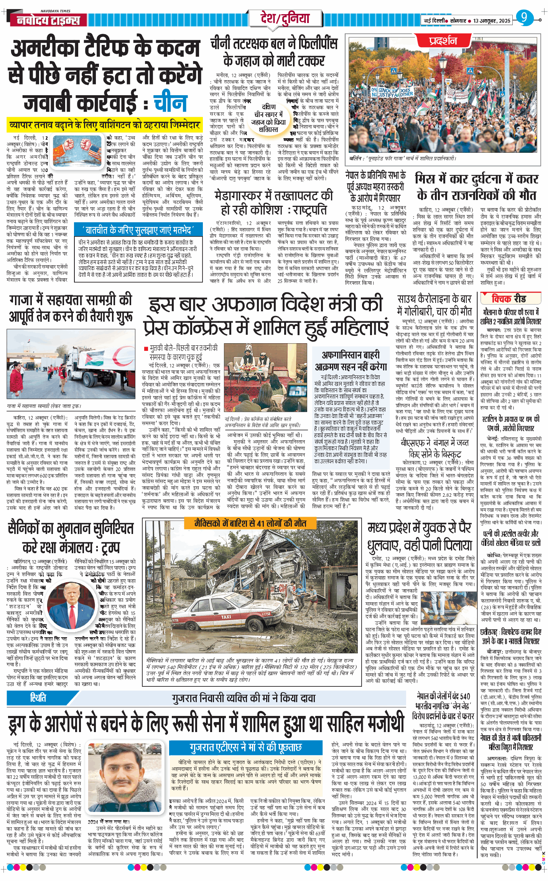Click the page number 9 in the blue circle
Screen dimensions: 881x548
(524, 18)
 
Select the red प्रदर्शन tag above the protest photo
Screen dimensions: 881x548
(443, 41)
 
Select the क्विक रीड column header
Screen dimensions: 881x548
(509, 298)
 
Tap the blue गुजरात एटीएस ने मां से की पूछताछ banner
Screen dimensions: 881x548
(245, 747)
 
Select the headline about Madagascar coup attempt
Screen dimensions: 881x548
(273, 202)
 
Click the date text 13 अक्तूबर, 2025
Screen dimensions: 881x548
(492, 21)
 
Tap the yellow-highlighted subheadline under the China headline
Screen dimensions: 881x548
(105, 125)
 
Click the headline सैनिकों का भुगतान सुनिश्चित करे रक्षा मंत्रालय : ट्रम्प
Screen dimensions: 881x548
(71, 537)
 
